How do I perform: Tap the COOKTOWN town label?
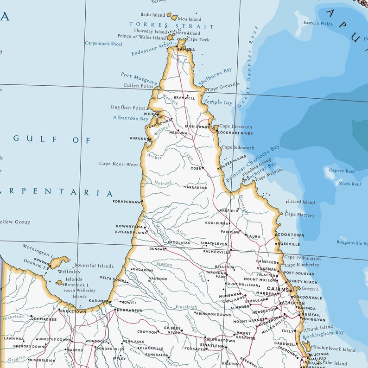coord(291,235)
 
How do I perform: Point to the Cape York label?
coord(198,40)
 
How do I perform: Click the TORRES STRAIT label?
coord(171,26)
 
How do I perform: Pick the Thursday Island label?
coord(150,31)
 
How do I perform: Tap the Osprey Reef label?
coord(342,171)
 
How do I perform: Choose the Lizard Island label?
coord(301,202)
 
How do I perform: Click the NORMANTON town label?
coord(129,310)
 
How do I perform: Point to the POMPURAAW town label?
coord(127,202)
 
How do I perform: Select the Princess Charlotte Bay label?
coord(253,162)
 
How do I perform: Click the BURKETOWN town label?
coord(73,311)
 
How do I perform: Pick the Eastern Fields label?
coord(318,23)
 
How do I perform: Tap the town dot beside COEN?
coord(204,168)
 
